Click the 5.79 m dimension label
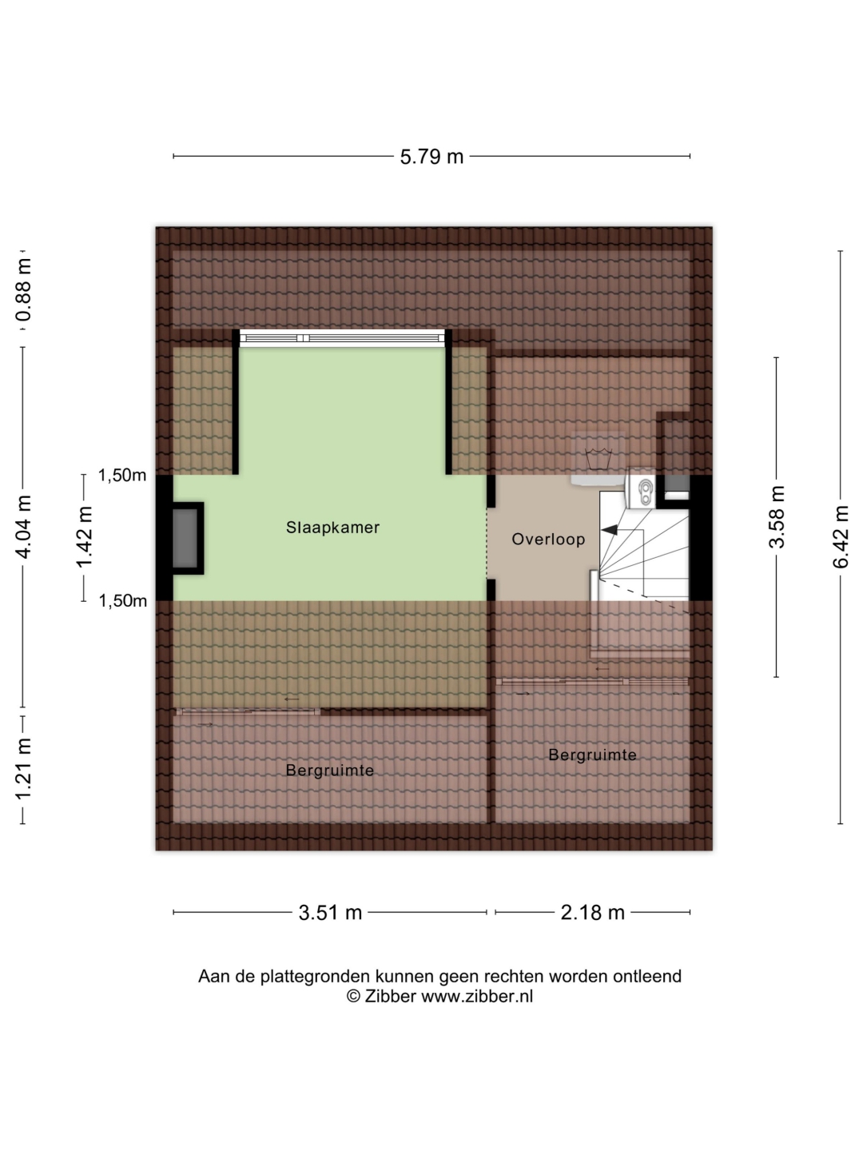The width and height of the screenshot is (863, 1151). click(x=431, y=157)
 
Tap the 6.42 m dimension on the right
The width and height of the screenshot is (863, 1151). click(x=840, y=536)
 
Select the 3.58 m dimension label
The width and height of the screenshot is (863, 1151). click(x=777, y=517)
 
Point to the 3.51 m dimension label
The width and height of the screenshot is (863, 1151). click(x=330, y=913)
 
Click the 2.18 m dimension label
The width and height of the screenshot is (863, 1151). click(x=593, y=913)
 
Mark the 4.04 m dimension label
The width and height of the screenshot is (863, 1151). click(x=24, y=527)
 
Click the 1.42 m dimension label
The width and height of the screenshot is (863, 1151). click(x=84, y=537)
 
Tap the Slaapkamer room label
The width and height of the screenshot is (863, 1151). click(x=332, y=528)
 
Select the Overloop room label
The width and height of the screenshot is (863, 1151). click(x=548, y=540)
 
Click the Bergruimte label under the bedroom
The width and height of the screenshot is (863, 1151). click(x=329, y=771)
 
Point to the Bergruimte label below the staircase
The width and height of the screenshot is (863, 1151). click(x=592, y=755)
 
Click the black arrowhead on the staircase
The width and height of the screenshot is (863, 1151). click(x=609, y=530)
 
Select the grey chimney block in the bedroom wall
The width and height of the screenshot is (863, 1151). click(x=185, y=538)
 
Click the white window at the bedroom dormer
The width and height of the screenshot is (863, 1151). click(x=342, y=337)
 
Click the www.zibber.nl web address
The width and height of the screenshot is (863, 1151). click(x=477, y=996)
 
